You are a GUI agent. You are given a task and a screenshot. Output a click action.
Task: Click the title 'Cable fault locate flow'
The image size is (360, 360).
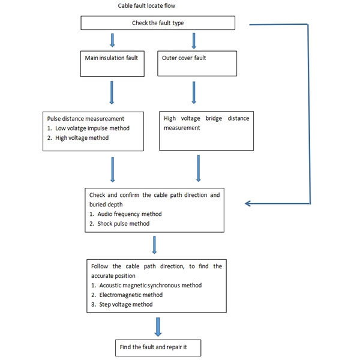click(146, 6)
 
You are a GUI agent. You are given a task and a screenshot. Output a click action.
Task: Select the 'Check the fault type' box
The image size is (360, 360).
click(158, 23)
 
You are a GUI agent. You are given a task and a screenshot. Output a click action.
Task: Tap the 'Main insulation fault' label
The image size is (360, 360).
click(112, 58)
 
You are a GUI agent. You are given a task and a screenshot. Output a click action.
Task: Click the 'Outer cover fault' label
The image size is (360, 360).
click(184, 58)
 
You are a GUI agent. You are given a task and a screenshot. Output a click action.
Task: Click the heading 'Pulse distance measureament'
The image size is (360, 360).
click(86, 119)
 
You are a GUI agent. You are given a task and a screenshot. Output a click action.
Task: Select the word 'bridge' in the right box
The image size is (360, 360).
click(214, 118)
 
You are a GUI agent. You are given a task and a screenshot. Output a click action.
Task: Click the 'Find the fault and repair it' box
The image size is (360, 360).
click(158, 347)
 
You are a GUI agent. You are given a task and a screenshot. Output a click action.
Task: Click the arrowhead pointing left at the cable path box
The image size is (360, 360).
click(247, 203)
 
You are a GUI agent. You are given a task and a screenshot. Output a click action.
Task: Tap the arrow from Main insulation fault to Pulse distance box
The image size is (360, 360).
click(112, 92)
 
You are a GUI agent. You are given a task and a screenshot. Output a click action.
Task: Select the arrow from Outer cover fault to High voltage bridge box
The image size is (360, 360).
click(194, 92)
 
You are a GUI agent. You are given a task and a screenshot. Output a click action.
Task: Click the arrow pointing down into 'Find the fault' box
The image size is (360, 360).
click(158, 327)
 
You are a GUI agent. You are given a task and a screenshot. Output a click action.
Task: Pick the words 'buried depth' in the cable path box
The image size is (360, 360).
click(106, 205)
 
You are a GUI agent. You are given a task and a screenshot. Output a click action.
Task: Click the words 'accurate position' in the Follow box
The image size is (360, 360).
click(113, 276)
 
